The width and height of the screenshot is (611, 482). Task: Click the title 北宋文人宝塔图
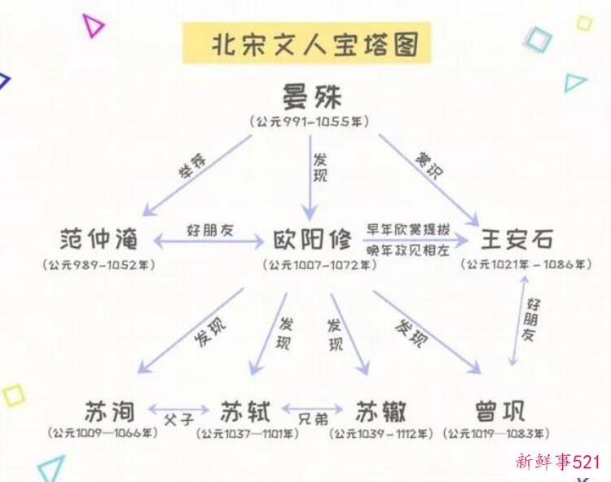(315, 45)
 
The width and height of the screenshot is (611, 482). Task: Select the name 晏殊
(312, 96)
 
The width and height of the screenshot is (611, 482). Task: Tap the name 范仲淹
(99, 239)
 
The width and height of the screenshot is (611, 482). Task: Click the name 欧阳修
(312, 239)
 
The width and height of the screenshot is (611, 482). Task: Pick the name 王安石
(516, 239)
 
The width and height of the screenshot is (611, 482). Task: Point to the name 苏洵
(110, 412)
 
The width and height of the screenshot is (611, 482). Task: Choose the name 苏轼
(245, 412)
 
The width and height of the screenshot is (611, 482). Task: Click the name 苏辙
(380, 412)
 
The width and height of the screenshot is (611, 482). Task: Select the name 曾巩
(500, 412)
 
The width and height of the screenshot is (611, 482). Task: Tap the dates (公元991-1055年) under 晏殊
(310, 122)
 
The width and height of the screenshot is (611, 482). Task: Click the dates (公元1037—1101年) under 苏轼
(248, 434)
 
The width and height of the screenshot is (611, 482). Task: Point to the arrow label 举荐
(192, 166)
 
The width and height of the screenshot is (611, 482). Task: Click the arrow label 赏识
(429, 166)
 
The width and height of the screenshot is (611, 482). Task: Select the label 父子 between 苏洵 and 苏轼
(179, 420)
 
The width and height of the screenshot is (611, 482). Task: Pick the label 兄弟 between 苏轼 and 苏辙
(314, 419)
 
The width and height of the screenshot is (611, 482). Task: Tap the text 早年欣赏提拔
(408, 229)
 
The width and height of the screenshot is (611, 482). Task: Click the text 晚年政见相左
(408, 250)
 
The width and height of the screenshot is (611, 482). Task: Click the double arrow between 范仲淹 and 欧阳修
(209, 241)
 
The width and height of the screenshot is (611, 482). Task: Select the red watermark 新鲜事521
(557, 462)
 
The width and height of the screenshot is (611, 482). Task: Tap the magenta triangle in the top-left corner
(92, 25)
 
